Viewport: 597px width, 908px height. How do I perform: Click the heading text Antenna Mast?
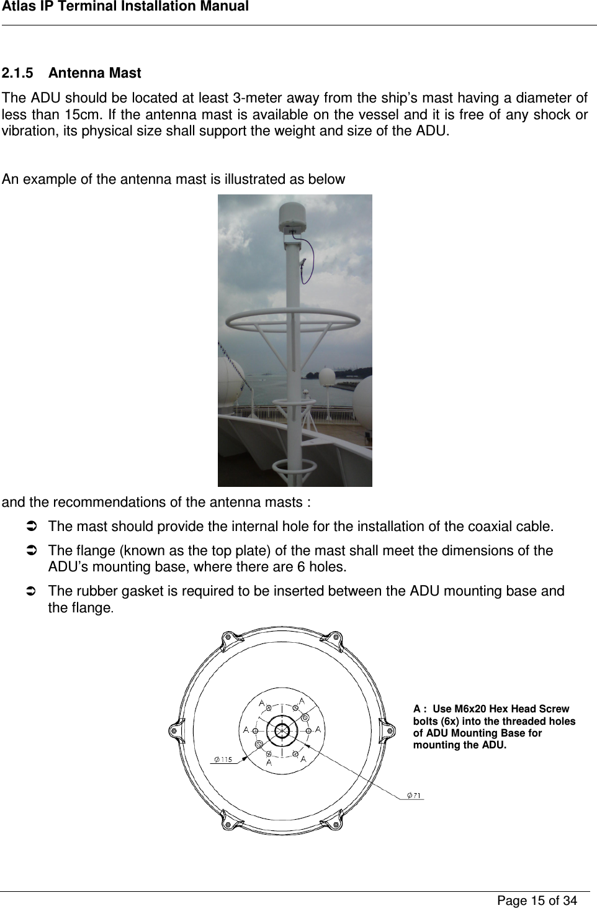click(94, 73)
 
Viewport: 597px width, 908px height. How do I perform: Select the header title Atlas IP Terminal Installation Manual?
click(125, 7)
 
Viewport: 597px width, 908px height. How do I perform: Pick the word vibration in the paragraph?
click(27, 132)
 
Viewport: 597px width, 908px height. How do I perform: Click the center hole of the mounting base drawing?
click(282, 731)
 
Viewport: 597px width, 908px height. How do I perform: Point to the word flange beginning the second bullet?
click(92, 551)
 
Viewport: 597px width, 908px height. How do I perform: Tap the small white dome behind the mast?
click(326, 378)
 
